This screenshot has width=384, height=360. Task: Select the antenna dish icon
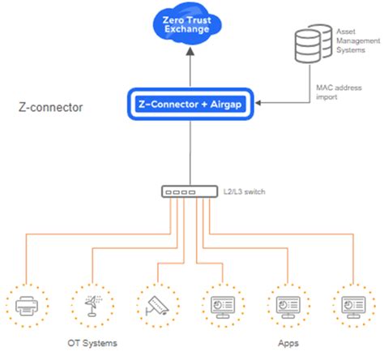pos(91,303)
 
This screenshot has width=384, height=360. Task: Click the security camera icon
pos(156,303)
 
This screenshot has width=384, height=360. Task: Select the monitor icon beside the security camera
pos(220,303)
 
